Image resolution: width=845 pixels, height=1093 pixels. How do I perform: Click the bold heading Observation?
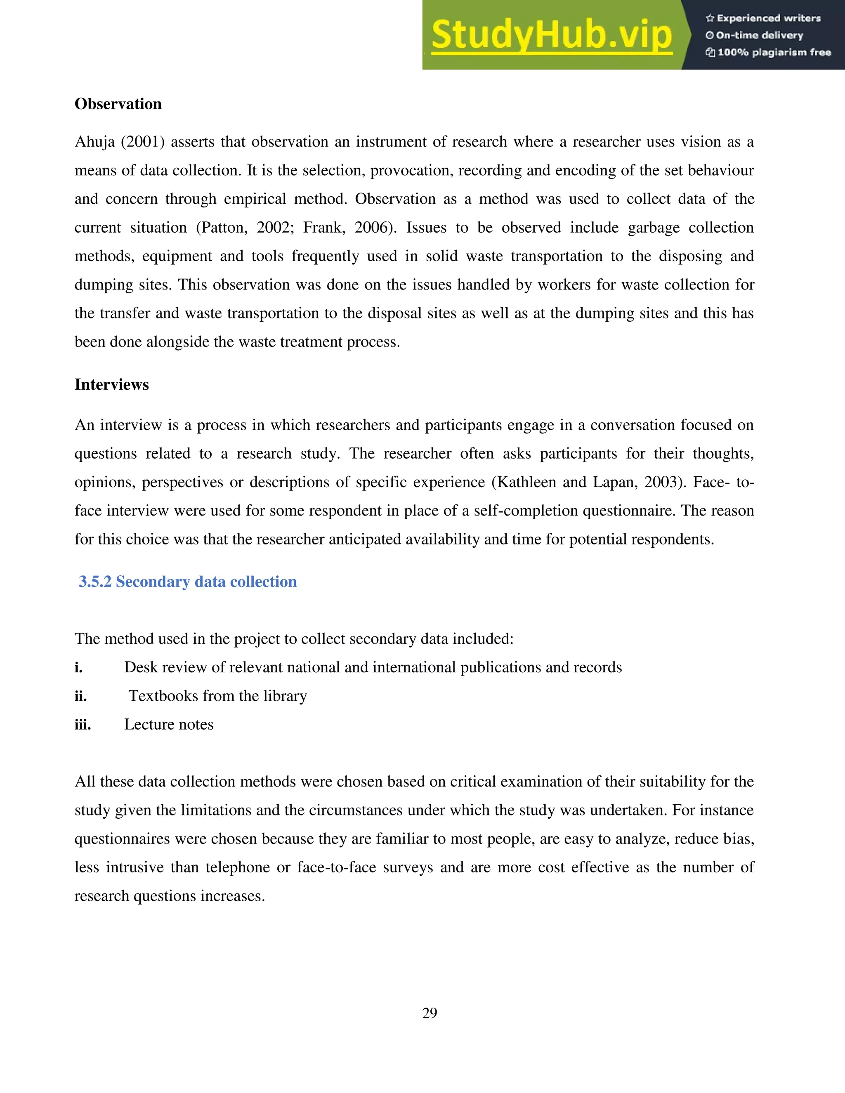(118, 104)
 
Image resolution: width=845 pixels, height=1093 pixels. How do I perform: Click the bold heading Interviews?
(112, 384)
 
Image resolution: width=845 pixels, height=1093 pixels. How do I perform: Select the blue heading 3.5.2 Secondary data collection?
(188, 582)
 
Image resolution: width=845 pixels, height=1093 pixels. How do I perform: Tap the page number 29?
(430, 1013)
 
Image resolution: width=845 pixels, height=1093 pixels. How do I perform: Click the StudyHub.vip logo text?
(552, 35)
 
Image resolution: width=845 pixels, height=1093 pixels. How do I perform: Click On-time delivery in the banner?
(759, 35)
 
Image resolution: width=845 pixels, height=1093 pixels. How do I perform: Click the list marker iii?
(83, 725)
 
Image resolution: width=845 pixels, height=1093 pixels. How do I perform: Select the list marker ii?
(80, 696)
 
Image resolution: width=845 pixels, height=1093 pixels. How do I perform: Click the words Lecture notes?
(169, 725)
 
